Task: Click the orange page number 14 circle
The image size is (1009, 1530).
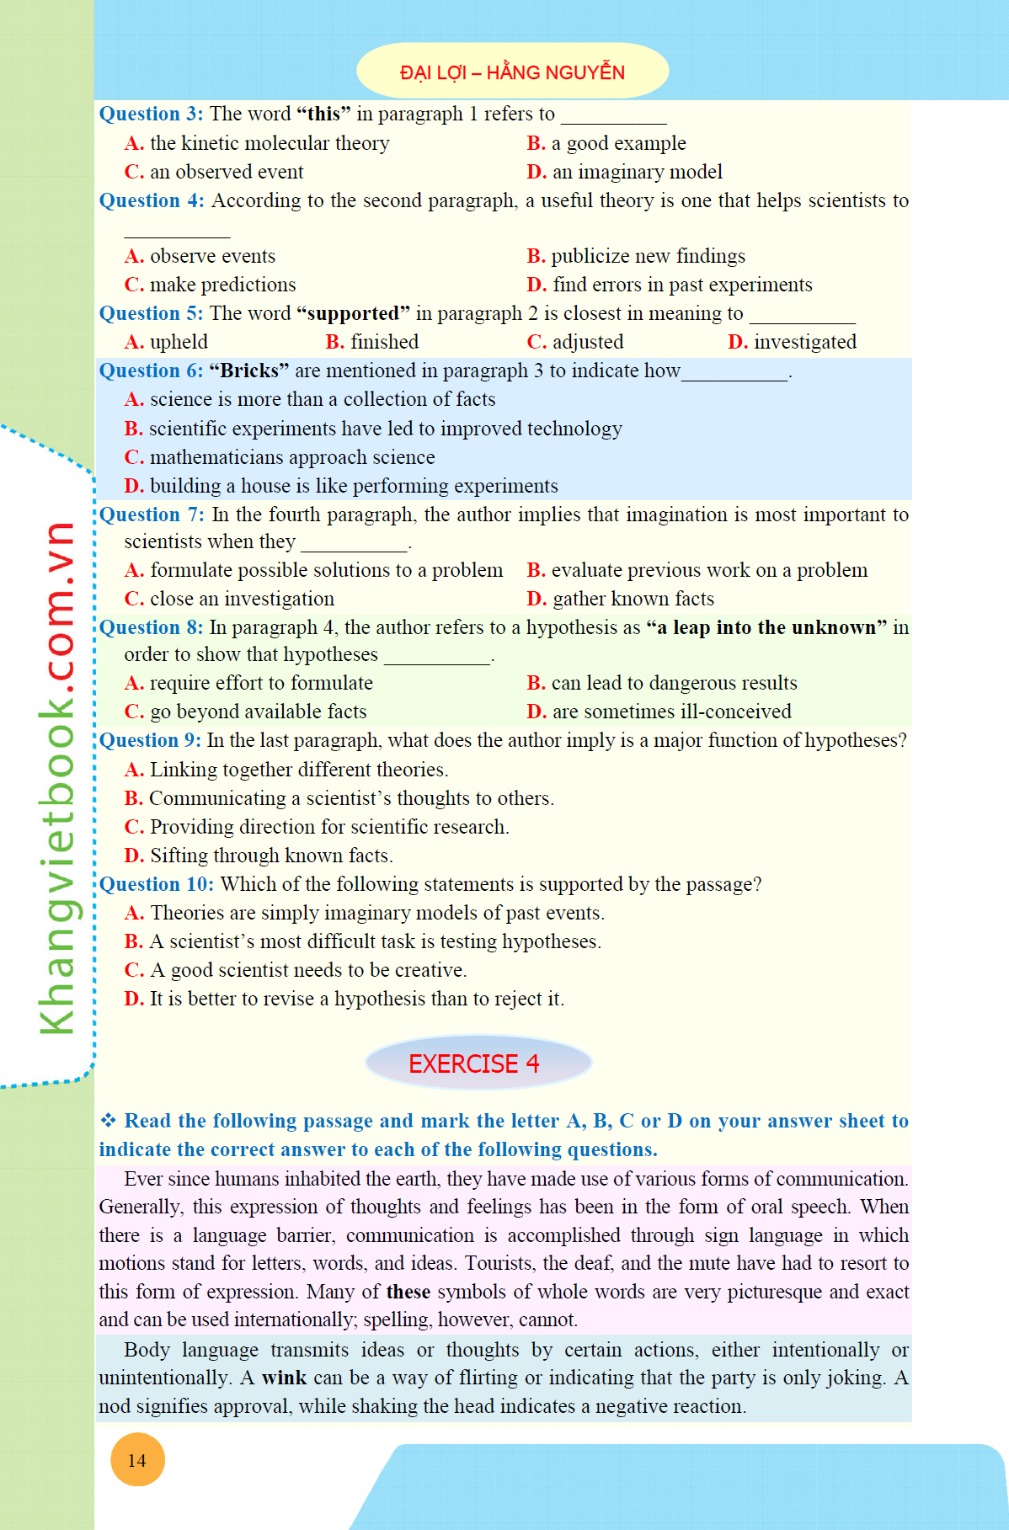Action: (x=137, y=1460)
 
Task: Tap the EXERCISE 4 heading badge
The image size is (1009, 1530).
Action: (x=478, y=1064)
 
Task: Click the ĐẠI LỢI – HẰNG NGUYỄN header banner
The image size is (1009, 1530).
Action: (x=512, y=72)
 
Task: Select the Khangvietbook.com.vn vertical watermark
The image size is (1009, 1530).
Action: (x=57, y=779)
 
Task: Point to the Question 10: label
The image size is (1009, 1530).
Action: (x=157, y=884)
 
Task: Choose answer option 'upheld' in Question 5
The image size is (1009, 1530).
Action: (x=167, y=342)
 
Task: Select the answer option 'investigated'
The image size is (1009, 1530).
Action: (x=793, y=342)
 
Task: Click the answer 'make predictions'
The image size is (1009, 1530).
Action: (x=211, y=285)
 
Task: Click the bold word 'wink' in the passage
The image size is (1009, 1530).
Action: (x=284, y=1378)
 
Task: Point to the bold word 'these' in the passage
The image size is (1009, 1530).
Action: (x=408, y=1292)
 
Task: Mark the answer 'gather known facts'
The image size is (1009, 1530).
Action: (x=621, y=599)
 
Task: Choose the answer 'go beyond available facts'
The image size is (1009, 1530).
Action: (x=246, y=712)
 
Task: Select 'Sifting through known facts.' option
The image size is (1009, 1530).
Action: (x=259, y=856)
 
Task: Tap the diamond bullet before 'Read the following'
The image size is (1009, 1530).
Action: (x=108, y=1121)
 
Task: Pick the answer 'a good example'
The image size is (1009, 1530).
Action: (x=607, y=143)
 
